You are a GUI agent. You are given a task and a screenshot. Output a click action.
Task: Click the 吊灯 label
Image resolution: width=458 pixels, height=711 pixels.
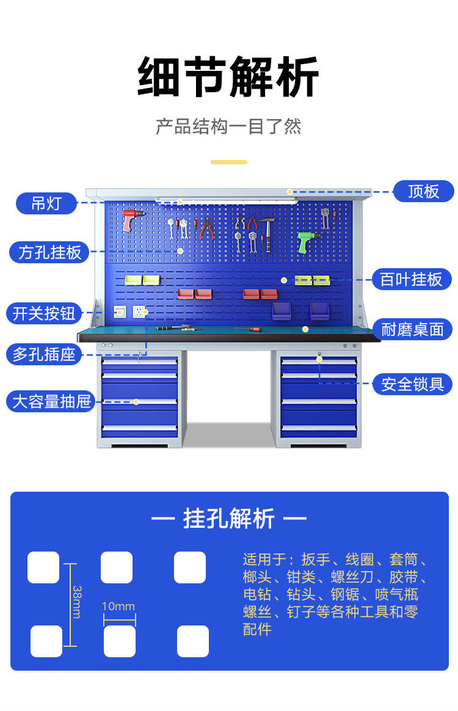coord(46,203)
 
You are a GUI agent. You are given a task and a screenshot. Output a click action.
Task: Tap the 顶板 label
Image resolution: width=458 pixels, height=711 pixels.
coord(423,191)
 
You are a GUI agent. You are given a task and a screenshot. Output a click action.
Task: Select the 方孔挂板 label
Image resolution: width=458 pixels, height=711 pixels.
coord(49,252)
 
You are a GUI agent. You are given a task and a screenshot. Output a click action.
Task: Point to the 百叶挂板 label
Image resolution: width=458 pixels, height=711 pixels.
coord(412,279)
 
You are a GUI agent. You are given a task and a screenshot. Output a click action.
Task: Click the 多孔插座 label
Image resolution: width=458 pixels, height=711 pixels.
coord(44,354)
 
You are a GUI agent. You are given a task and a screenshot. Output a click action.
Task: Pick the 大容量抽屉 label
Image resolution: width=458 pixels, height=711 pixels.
coord(51,401)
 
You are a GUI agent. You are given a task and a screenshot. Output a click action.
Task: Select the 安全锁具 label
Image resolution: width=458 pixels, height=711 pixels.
coord(412,384)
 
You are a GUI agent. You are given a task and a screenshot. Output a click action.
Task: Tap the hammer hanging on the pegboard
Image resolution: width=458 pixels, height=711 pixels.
coord(266,233)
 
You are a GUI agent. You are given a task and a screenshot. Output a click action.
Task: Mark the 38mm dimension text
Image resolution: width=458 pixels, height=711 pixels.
coord(77,601)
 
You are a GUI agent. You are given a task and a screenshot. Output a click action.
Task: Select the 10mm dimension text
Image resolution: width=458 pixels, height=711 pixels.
coord(118,607)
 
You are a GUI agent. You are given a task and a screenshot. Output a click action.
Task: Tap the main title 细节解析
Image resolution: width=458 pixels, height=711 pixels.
coord(228,78)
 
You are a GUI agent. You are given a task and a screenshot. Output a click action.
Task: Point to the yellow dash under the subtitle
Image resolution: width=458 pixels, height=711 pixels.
coord(229,162)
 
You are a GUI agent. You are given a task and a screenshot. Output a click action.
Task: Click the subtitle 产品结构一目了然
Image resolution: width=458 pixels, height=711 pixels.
coord(228,126)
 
